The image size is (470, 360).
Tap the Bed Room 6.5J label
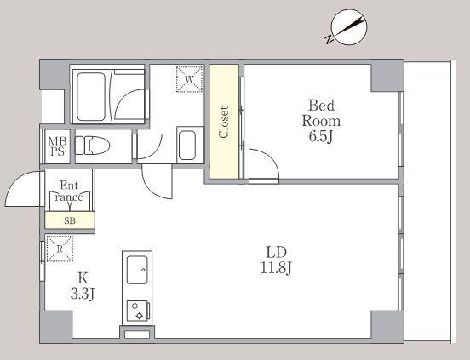click(x=321, y=121)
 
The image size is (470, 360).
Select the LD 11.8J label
click(x=276, y=260)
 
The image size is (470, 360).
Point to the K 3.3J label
click(x=83, y=286)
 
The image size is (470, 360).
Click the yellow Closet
click(x=224, y=122)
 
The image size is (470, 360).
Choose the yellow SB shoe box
click(x=70, y=220)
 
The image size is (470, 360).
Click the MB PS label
click(x=57, y=146)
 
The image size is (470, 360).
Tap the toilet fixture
click(x=92, y=146)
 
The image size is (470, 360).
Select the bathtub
click(x=91, y=96)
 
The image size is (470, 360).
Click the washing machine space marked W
click(x=189, y=79)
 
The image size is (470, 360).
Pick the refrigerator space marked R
click(x=60, y=249)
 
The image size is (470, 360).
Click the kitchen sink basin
click(x=137, y=270)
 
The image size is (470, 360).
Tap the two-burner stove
click(x=138, y=311)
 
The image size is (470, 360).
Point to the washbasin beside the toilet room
click(x=187, y=146)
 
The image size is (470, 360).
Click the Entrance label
click(x=69, y=191)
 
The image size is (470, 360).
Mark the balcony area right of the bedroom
click(x=427, y=201)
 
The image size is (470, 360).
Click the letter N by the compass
click(x=329, y=39)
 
